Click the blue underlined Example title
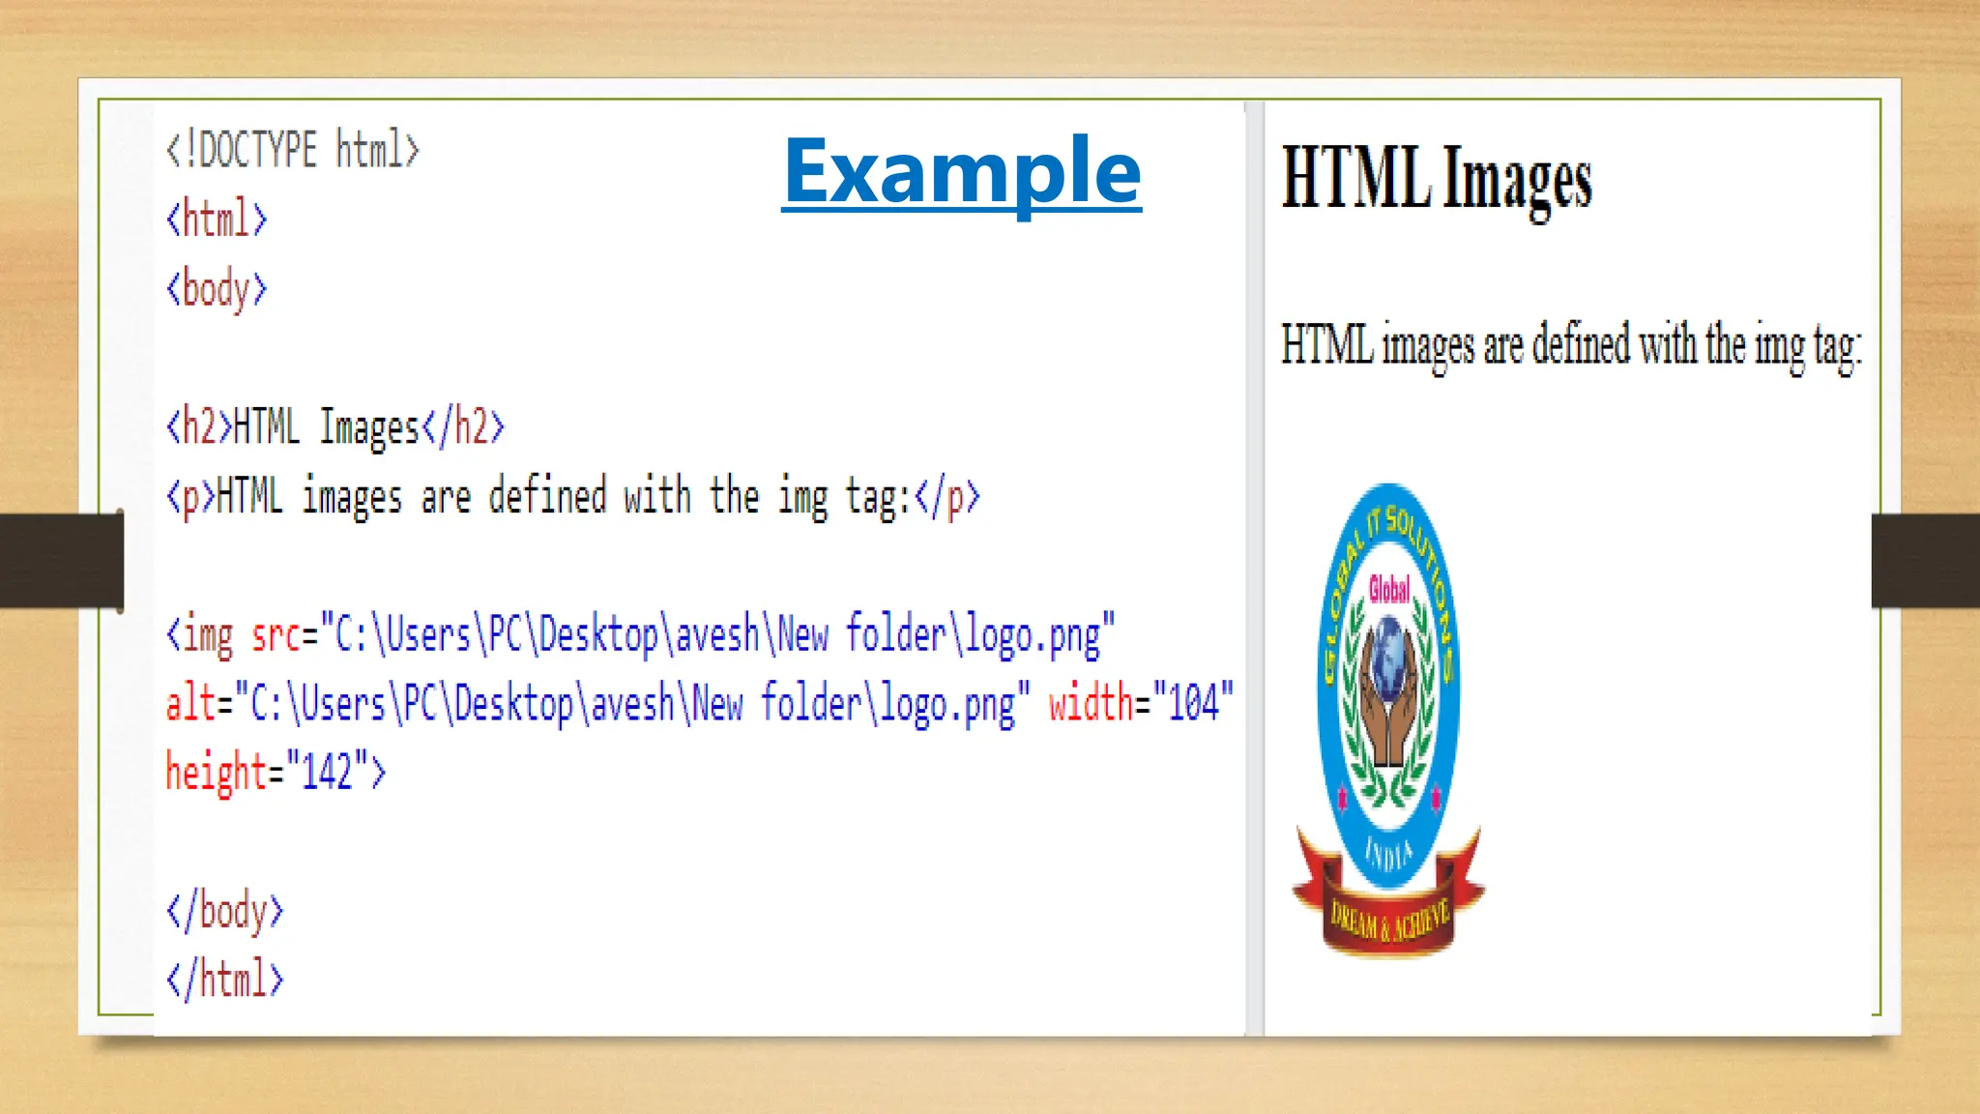[961, 172]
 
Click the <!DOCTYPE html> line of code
[293, 150]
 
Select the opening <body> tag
[217, 289]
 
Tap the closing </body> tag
[224, 911]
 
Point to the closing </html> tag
[224, 980]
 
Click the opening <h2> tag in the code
[199, 427]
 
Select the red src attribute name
[276, 635]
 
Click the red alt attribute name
[190, 704]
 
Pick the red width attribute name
[1091, 702]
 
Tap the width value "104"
[1193, 702]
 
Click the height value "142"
[327, 773]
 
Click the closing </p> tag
[946, 497]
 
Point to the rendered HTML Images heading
[1437, 180]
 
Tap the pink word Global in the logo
[1389, 588]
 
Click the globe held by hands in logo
[1389, 646]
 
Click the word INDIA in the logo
[1388, 853]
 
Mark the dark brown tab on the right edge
[1925, 561]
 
